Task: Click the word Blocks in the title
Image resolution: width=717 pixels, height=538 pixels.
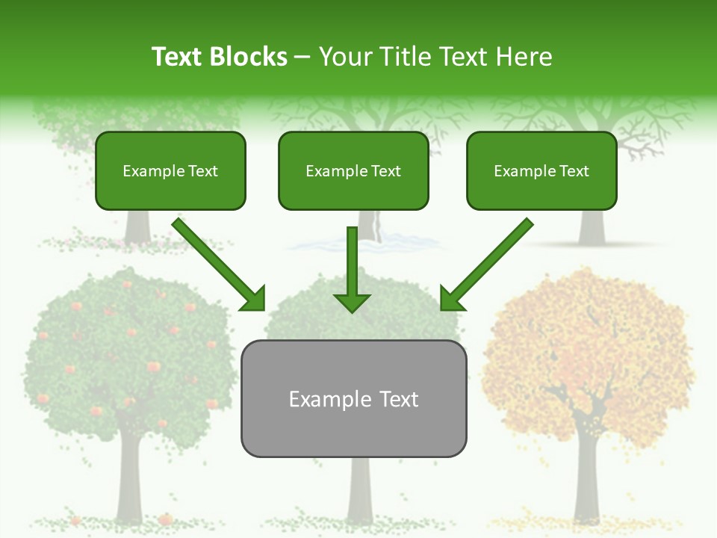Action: (249, 57)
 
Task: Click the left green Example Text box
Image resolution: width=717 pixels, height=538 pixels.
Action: (170, 170)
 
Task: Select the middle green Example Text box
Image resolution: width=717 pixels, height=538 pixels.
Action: (353, 170)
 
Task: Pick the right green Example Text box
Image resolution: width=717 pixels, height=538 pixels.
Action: (541, 170)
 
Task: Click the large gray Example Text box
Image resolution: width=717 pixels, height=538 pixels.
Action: (353, 398)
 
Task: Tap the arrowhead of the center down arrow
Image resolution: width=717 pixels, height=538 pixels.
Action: (352, 302)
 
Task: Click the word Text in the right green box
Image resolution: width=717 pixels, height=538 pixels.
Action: (574, 171)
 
